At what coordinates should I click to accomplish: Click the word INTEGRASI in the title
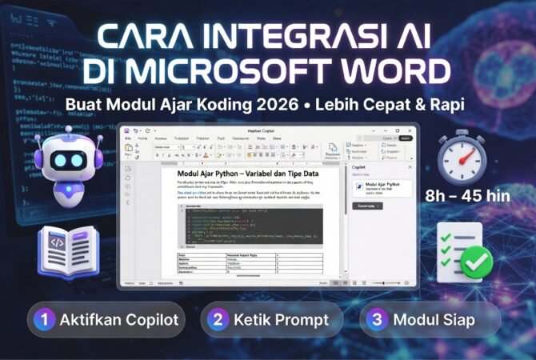(x=282, y=37)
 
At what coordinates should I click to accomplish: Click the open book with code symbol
(x=69, y=247)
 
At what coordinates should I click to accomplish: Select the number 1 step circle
(x=46, y=320)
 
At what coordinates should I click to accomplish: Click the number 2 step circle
(x=217, y=320)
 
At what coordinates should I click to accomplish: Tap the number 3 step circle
(x=376, y=320)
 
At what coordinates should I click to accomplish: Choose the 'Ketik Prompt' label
(x=281, y=320)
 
